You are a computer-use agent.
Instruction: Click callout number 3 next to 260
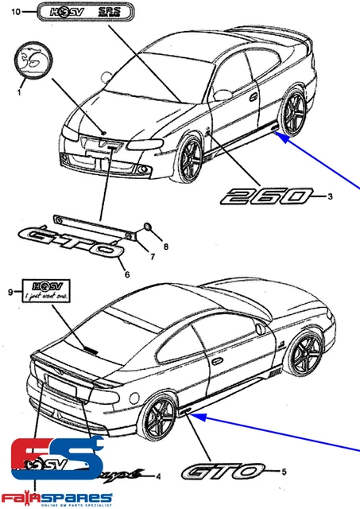coord(329,196)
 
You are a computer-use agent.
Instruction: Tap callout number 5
coord(284,472)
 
